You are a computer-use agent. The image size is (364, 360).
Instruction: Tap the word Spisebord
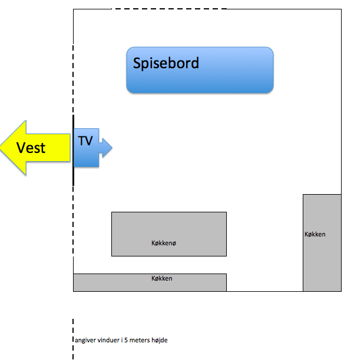[166, 63]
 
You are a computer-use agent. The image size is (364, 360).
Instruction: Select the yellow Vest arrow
[35, 147]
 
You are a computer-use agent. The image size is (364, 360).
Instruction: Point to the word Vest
[31, 147]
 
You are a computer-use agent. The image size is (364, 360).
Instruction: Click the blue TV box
[86, 147]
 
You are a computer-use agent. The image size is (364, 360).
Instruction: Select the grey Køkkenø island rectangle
[168, 234]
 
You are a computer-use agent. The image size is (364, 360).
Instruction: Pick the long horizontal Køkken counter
[150, 282]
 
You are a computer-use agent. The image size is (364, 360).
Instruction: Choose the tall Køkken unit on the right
[322, 242]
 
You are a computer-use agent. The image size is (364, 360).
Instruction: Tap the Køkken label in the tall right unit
[315, 235]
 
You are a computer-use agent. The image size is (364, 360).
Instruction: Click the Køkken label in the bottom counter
[162, 278]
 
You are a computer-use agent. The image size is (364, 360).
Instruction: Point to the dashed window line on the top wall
[168, 9]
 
